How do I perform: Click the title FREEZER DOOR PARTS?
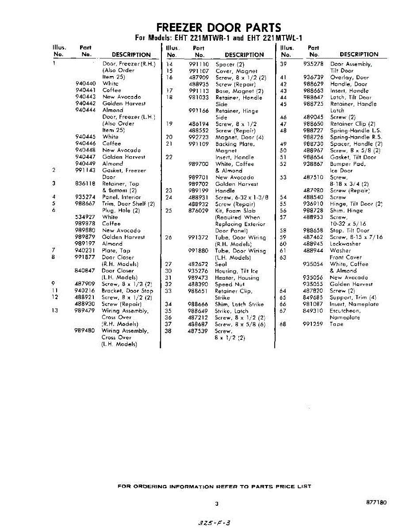pyautogui.click(x=219, y=27)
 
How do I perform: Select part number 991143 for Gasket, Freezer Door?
pyautogui.click(x=85, y=170)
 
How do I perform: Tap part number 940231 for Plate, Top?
pyautogui.click(x=85, y=250)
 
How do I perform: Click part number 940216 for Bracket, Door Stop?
pyautogui.click(x=85, y=291)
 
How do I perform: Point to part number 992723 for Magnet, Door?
pyautogui.click(x=199, y=137)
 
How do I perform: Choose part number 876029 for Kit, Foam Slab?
pyautogui.click(x=199, y=211)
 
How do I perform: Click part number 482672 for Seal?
pyautogui.click(x=199, y=264)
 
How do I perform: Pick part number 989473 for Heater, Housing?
pyautogui.click(x=199, y=278)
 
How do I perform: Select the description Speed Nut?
pyautogui.click(x=230, y=285)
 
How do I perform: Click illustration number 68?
pyautogui.click(x=283, y=324)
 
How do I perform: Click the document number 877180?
pyautogui.click(x=376, y=503)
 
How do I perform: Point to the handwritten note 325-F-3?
pyautogui.click(x=215, y=523)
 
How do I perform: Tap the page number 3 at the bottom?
pyautogui.click(x=217, y=504)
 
